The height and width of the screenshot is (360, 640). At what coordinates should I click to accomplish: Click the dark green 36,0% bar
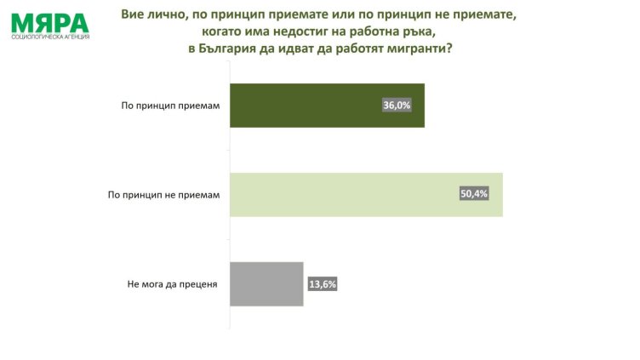click(327, 106)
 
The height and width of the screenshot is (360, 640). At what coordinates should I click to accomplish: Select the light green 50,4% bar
click(366, 194)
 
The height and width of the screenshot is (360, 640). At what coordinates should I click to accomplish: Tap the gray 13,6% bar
click(266, 283)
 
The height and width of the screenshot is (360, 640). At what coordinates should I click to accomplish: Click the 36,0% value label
click(397, 106)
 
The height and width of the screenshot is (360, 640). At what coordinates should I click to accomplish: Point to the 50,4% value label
click(475, 195)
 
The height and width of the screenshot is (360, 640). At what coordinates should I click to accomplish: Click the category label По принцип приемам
click(170, 106)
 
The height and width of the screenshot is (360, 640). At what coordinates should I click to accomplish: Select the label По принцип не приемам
click(164, 195)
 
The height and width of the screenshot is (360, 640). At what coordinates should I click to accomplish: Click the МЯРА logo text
click(49, 22)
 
